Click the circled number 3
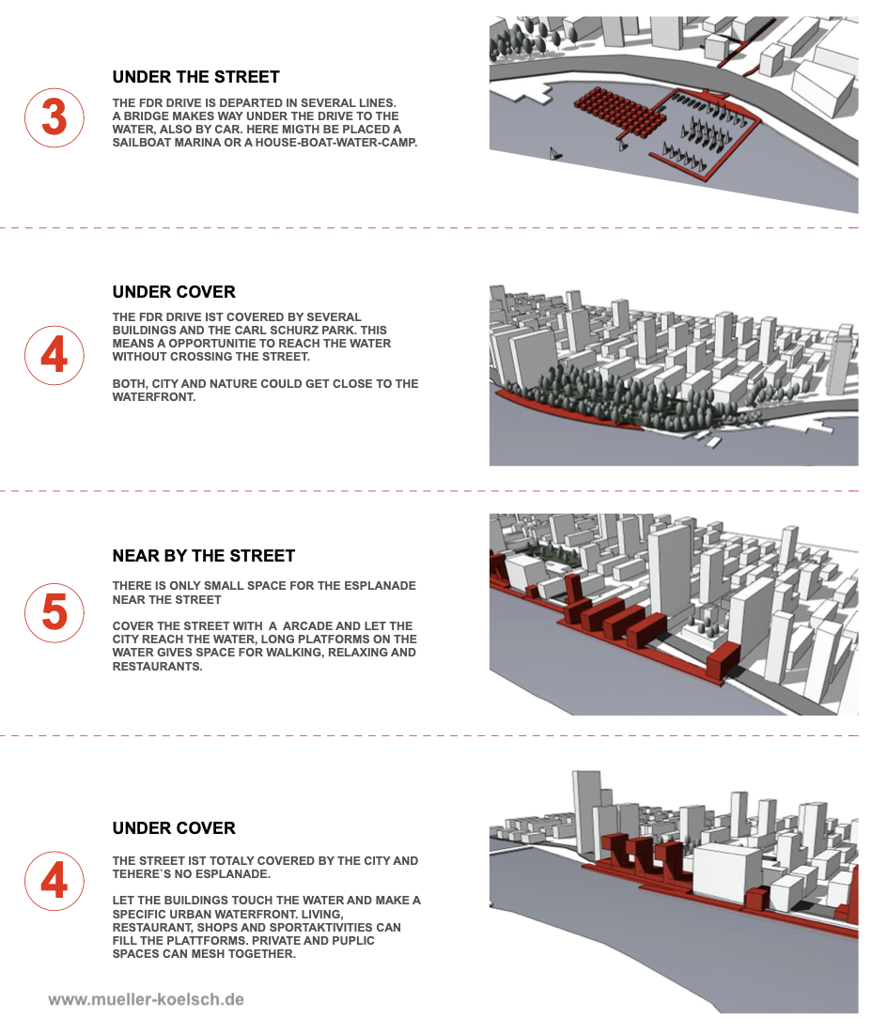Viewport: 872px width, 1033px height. (54, 118)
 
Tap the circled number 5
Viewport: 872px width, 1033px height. (54, 612)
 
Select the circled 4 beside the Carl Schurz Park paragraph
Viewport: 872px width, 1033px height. (54, 355)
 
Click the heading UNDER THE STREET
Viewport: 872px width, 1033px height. (195, 77)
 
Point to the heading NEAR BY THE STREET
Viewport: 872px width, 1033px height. (204, 556)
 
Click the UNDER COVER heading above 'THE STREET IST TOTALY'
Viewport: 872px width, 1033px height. (174, 828)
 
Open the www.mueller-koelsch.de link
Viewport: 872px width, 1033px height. (147, 999)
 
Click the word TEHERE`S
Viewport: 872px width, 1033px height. (143, 874)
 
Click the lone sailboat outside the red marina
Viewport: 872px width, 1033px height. (555, 153)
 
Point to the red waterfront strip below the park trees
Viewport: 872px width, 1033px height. (560, 409)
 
